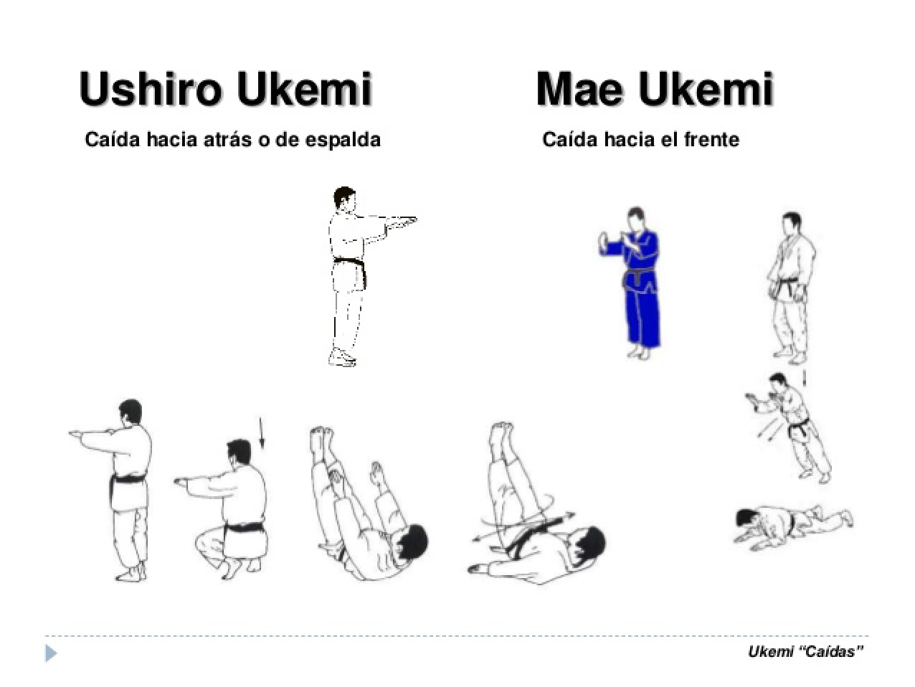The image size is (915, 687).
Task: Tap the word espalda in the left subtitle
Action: point(342,139)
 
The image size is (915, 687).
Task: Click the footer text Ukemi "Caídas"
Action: point(805,651)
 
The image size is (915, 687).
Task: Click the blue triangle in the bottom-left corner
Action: point(50,653)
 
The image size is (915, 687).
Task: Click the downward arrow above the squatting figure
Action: point(261,433)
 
